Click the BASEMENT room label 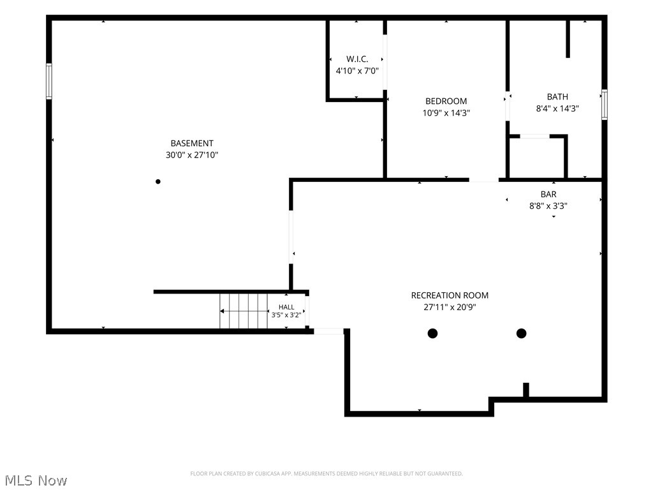(x=192, y=144)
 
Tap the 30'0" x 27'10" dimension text (x=192, y=155)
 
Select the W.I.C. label (x=357, y=59)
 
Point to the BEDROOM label (x=446, y=101)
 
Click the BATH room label (x=557, y=97)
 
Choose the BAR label (x=548, y=194)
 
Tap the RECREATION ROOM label (x=450, y=295)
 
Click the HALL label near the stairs (x=286, y=307)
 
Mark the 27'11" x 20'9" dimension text (x=450, y=308)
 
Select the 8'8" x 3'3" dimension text (x=548, y=206)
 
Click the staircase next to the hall (x=244, y=311)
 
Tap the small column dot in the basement (x=158, y=182)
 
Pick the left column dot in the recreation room (x=433, y=333)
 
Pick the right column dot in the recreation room (x=522, y=333)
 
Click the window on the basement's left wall (x=48, y=81)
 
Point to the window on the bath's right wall (x=605, y=105)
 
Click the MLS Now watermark (x=36, y=480)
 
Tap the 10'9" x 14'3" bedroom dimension (x=446, y=113)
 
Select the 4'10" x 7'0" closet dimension (x=357, y=71)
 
